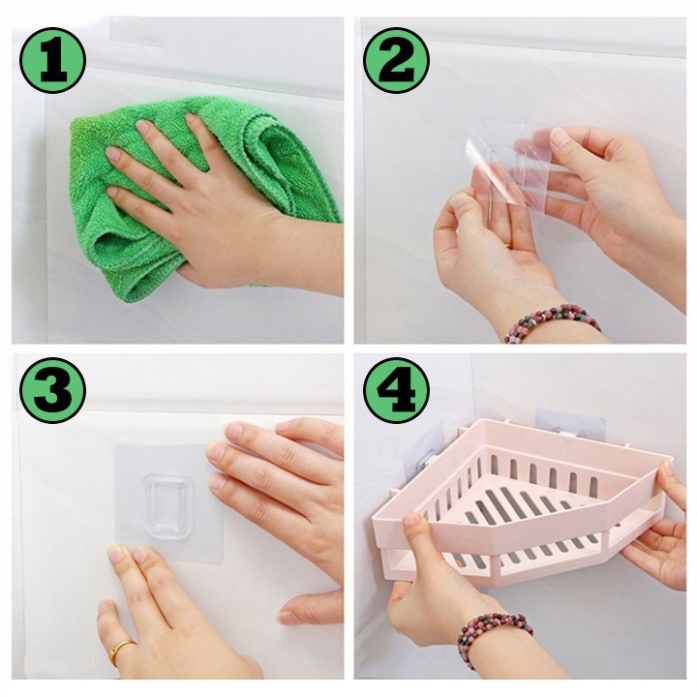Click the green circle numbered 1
(x=52, y=60)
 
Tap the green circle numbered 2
(x=397, y=60)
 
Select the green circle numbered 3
(x=52, y=390)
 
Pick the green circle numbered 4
(x=397, y=390)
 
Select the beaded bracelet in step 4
(x=494, y=633)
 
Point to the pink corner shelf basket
(x=520, y=502)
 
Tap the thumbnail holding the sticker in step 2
(x=558, y=136)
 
